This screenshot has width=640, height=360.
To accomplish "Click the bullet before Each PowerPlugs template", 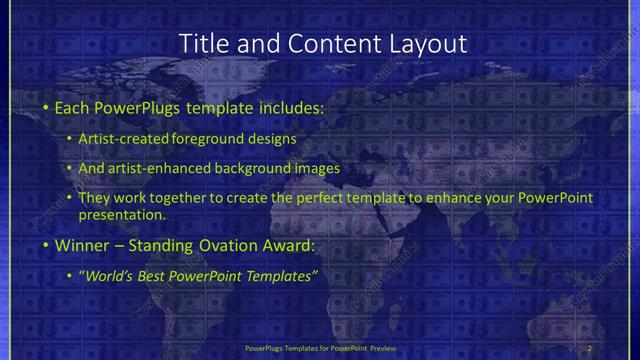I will tap(46, 106).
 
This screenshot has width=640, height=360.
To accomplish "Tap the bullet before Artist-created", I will tap(69, 139).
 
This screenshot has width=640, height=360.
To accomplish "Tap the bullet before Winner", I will tap(46, 244).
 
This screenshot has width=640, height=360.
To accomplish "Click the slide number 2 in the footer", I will tap(589, 348).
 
